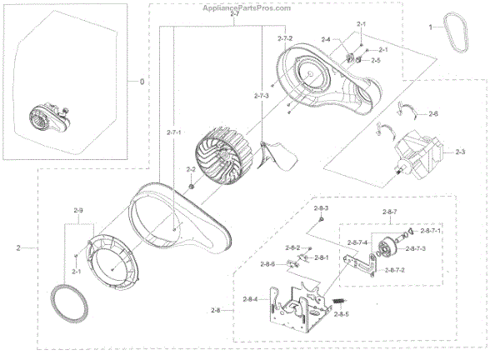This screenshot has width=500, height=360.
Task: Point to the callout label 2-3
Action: click(x=460, y=152)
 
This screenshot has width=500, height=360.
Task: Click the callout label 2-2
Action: click(x=191, y=171)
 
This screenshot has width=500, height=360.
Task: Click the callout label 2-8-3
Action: click(x=321, y=207)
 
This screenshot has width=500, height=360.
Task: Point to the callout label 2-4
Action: click(x=326, y=40)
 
